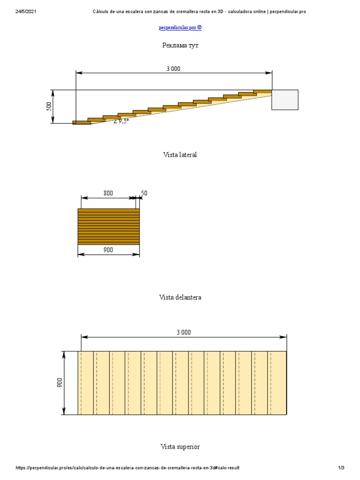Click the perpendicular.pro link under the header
click(180, 28)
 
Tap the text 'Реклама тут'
click(180, 45)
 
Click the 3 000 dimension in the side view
click(173, 69)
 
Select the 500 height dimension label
click(49, 106)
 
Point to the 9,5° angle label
click(121, 121)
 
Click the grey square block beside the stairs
click(285, 100)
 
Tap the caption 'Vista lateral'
click(180, 155)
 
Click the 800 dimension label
click(108, 193)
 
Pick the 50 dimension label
click(144, 193)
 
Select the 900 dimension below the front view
click(108, 250)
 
